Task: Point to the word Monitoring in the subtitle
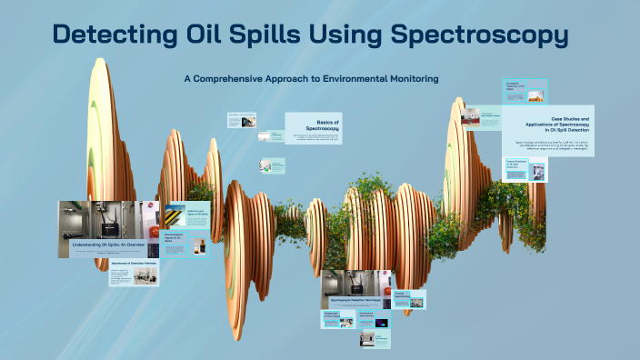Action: click(x=407, y=79)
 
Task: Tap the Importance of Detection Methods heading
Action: click(x=133, y=265)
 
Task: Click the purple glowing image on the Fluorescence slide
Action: click(x=381, y=323)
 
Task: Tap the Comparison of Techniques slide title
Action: click(x=331, y=315)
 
